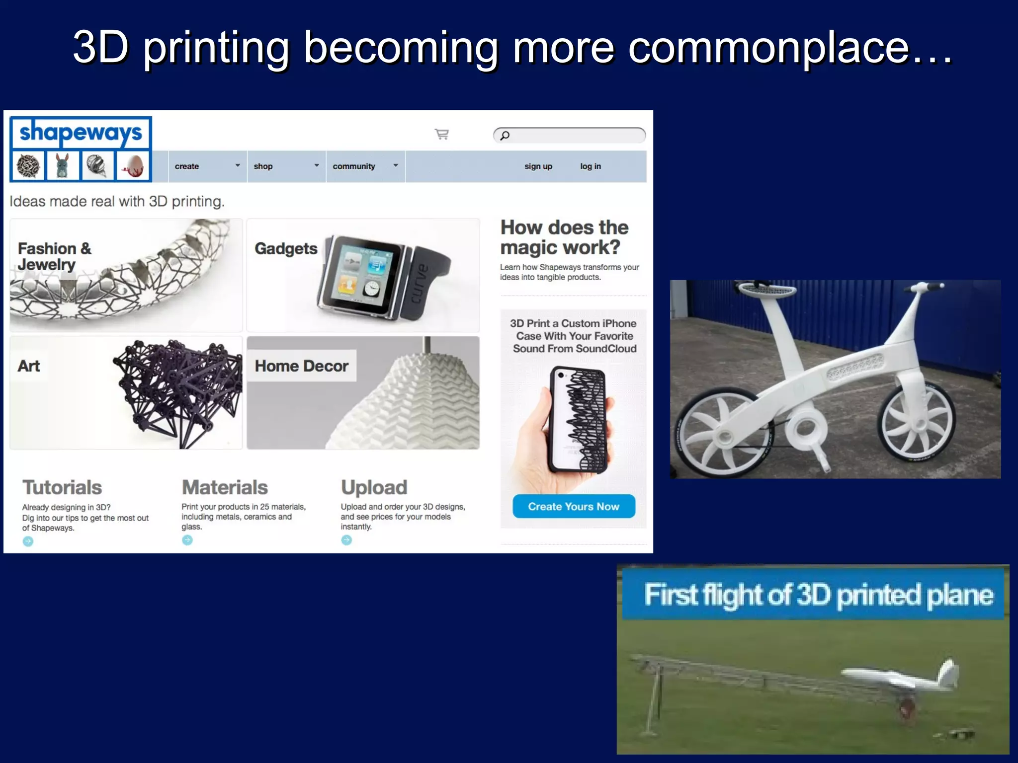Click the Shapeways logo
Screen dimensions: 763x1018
click(81, 133)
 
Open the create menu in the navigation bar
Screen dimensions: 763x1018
click(187, 166)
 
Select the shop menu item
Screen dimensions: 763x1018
click(263, 166)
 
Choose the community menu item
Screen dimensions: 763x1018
click(354, 166)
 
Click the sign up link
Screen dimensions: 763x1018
click(538, 166)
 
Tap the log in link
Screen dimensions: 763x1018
click(591, 166)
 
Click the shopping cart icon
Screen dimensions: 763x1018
click(441, 134)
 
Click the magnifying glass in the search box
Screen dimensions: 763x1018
click(505, 135)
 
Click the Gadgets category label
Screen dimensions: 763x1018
click(286, 248)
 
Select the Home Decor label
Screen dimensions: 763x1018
click(301, 366)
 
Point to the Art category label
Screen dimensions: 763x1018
click(29, 366)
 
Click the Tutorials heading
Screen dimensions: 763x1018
click(62, 487)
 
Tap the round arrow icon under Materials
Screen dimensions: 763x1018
click(187, 540)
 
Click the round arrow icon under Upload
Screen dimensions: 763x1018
click(346, 540)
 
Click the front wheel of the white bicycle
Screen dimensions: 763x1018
click(916, 422)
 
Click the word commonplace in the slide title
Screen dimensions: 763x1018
click(768, 48)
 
